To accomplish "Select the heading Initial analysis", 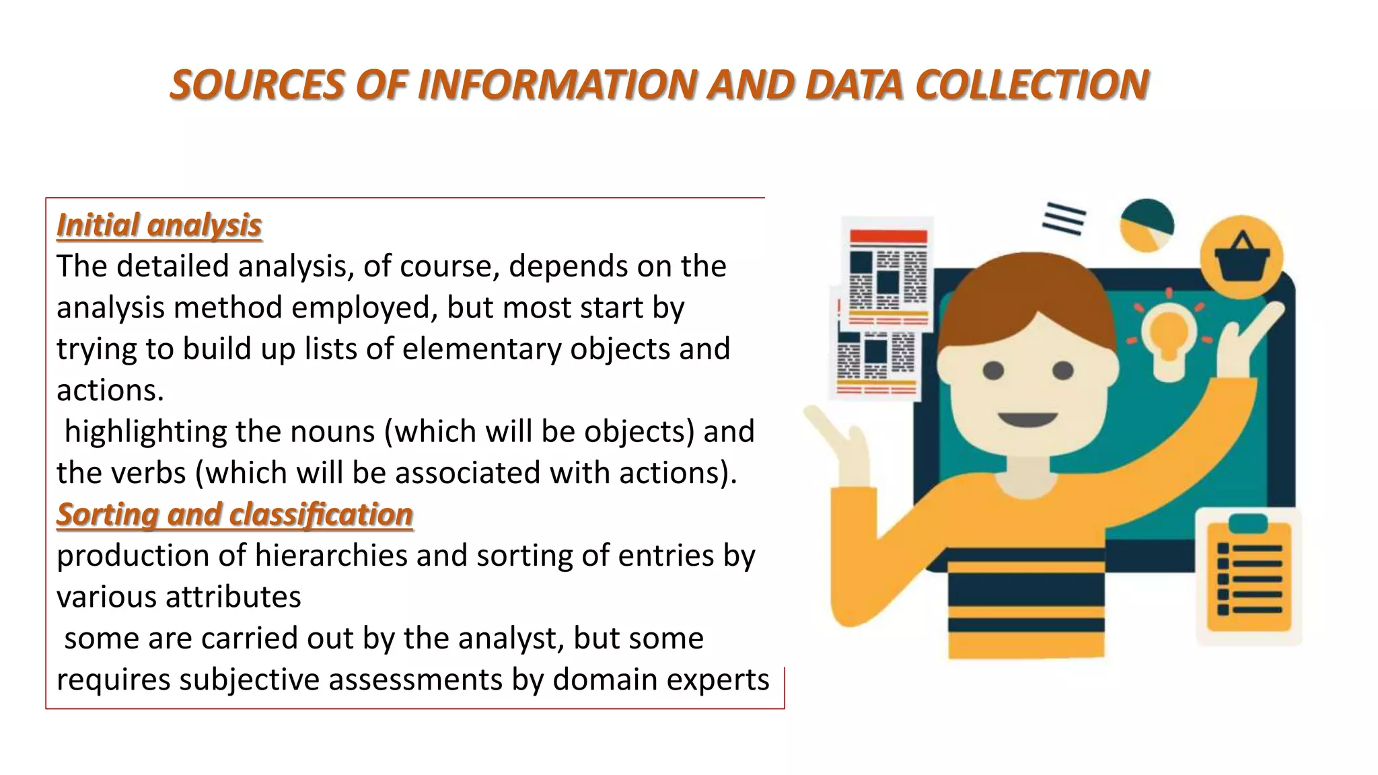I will tap(159, 225).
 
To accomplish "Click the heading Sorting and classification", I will tap(234, 514).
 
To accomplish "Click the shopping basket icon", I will tap(1241, 258).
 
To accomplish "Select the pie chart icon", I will tap(1147, 225).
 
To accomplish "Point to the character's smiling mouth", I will tap(1027, 420).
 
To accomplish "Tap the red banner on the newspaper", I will tap(888, 236).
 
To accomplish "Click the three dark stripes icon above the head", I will tap(1064, 218).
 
